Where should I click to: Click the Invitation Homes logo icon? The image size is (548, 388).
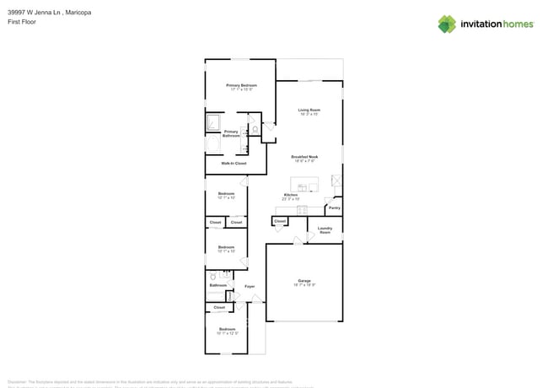coord(447,24)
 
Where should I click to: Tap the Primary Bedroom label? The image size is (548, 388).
coord(241,86)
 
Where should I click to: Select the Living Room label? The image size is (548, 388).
coord(309,110)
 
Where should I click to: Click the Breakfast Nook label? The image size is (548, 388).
coord(304,158)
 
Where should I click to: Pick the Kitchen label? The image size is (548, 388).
coord(291,195)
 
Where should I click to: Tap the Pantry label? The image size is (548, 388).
coord(335,207)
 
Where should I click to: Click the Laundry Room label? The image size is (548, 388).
coord(325,229)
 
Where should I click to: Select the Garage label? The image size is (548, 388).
coord(304,281)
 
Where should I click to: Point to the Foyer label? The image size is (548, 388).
coord(250,287)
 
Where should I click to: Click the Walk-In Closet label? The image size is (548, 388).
coord(234,163)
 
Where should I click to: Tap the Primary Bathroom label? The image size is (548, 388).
coord(231,133)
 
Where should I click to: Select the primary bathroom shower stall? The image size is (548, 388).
coord(213,124)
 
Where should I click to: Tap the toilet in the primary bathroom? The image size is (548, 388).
coord(254,131)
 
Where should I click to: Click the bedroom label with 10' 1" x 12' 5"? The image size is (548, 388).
coord(228,330)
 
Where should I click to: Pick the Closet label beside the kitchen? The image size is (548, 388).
coord(280,221)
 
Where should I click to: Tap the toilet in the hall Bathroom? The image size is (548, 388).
coord(212,276)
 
